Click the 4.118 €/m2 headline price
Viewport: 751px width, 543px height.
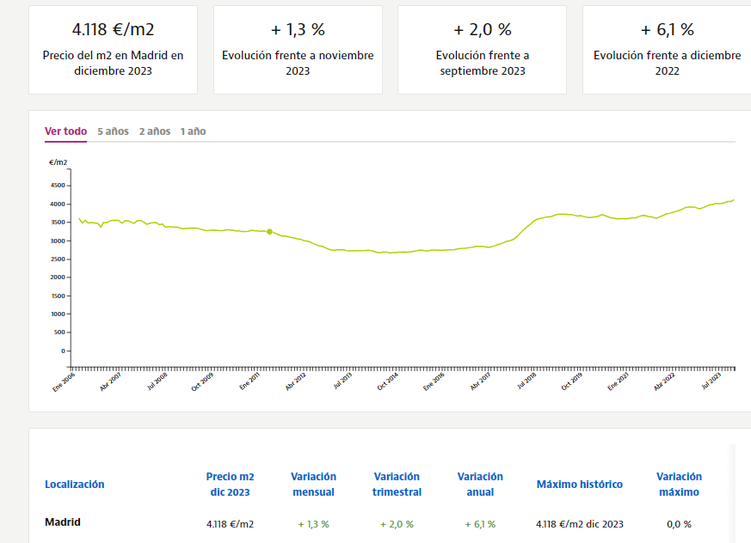pos(113,29)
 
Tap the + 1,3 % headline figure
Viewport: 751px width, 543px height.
pos(298,29)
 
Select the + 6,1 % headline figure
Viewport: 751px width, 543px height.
pos(667,29)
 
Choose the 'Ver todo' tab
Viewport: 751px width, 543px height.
pos(65,131)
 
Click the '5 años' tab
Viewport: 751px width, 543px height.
pos(113,131)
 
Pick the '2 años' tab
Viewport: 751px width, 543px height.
pos(155,131)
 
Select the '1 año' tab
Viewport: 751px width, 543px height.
pos(193,131)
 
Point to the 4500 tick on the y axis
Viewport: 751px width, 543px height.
pos(57,186)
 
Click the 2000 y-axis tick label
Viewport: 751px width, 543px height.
pos(57,278)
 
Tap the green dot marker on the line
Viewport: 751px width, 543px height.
pos(269,232)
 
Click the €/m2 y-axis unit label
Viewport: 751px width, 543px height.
pos(58,162)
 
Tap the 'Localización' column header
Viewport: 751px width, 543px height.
pos(74,485)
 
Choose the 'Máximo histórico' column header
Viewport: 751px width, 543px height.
pos(579,485)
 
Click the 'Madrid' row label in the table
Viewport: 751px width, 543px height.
pos(62,522)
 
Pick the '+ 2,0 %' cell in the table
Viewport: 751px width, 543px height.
pos(397,524)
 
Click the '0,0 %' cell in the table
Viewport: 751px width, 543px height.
pos(679,524)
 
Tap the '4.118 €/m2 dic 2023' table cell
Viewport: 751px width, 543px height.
pos(579,524)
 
